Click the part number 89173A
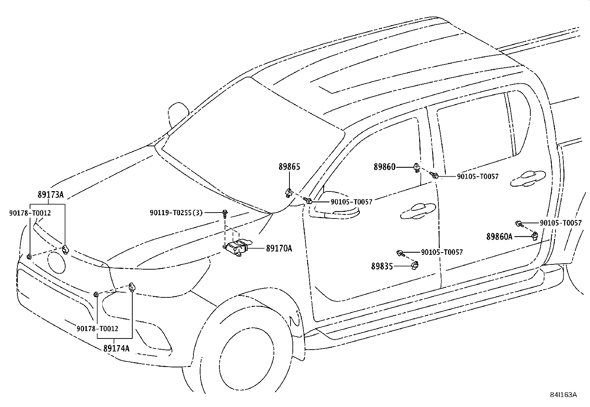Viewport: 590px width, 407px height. pos(50,194)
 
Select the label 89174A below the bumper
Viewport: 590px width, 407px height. pos(116,348)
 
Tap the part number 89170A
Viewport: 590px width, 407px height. pos(279,248)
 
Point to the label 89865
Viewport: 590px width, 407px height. pos(289,167)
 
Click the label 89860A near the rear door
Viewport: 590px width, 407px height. pos(500,237)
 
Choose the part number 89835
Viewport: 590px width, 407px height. pos(382,266)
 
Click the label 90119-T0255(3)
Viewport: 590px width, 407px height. pos(176,213)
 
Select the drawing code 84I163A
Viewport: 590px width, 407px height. pos(563,395)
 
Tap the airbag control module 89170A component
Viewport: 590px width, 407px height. pos(236,248)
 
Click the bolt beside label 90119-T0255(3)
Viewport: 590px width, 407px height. pos(225,214)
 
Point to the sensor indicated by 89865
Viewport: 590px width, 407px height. pos(289,193)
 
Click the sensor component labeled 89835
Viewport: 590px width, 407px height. pos(415,266)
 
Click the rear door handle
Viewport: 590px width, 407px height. pos(528,178)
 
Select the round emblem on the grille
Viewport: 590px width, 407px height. pos(56,262)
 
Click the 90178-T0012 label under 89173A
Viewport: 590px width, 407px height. pos(30,213)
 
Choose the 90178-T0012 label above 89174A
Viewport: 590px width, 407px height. pos(97,328)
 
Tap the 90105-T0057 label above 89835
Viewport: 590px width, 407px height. pos(442,252)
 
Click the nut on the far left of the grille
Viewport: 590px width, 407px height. pos(29,256)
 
